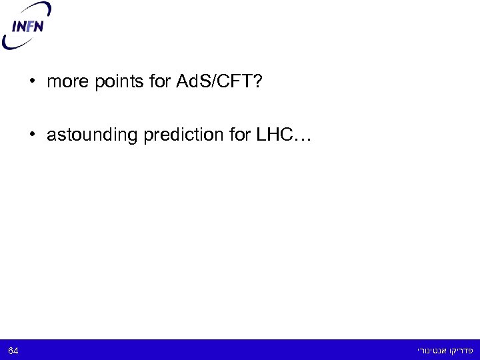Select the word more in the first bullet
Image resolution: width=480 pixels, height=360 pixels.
pos(65,83)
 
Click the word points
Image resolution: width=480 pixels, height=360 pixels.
pos(109,83)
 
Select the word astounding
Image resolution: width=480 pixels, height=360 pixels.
pos(87,135)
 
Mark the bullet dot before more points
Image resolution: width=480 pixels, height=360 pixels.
pos(32,83)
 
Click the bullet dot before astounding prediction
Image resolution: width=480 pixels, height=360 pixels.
pos(32,135)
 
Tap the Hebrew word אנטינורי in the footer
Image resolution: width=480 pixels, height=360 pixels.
pos(431,349)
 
